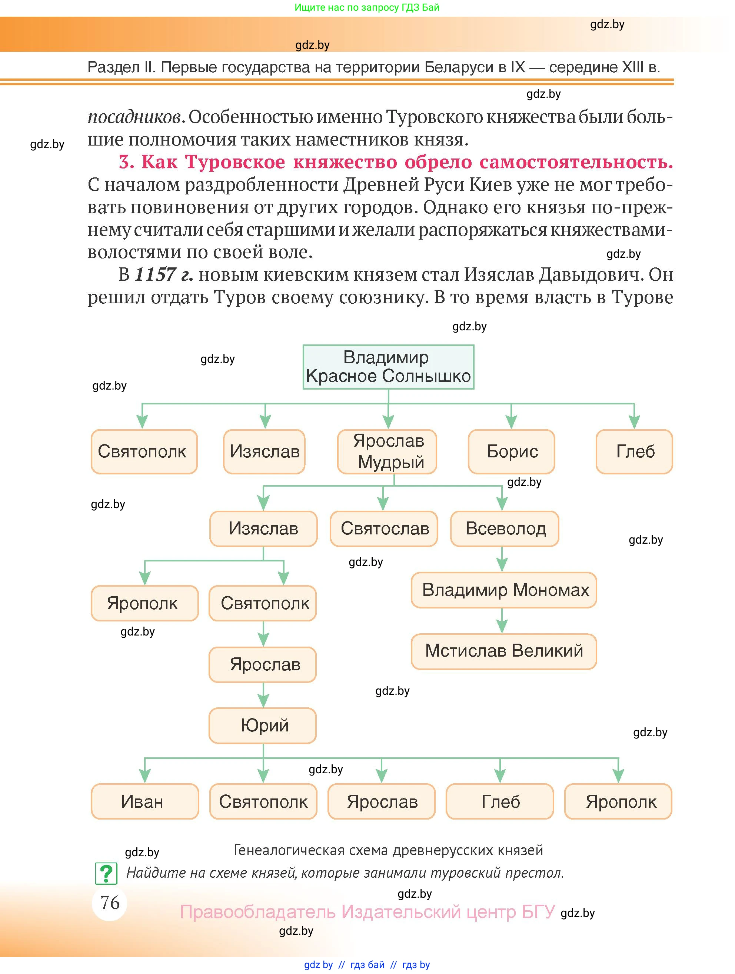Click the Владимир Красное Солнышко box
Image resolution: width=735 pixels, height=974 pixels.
tap(388, 367)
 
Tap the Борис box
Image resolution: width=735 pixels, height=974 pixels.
tap(511, 452)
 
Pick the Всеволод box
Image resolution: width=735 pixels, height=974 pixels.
tap(504, 528)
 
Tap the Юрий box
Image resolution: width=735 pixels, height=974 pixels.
tap(263, 725)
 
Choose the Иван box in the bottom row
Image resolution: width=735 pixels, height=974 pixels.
tap(144, 801)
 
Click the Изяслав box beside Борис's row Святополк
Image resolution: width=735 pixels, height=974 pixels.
tap(264, 452)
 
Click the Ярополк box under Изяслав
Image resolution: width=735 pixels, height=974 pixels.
tap(144, 603)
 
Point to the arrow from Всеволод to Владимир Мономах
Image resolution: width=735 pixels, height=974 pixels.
tap(502, 560)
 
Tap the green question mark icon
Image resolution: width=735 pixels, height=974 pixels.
tap(106, 874)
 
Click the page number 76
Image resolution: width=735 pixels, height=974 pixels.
tap(110, 902)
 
